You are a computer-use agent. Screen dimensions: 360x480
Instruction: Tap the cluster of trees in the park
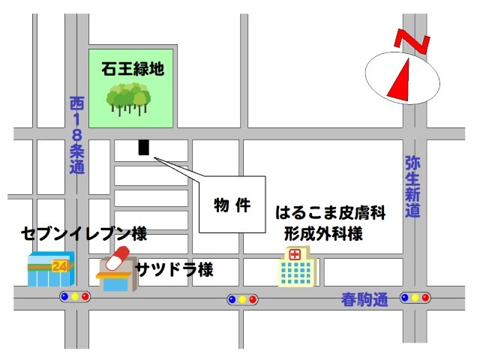coord(127,98)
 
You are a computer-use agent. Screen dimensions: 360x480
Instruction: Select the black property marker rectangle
coord(144,148)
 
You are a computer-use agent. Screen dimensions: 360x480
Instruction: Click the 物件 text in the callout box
coord(232,205)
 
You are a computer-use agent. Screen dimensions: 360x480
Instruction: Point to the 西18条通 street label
coord(76,135)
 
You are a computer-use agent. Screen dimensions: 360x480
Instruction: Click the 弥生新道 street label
coord(412,187)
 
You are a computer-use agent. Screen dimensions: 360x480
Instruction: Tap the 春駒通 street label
coord(362,300)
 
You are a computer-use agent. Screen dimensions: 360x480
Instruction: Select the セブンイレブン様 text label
coord(83,233)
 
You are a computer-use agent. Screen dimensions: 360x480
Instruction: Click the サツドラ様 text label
coord(174,269)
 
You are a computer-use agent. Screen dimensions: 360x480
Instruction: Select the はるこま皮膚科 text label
coord(330,212)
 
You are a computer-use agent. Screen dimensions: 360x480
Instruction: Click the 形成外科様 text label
coord(323,234)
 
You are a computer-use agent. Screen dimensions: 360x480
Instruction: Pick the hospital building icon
coord(298,266)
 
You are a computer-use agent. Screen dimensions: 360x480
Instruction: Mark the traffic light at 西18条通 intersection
coord(75,297)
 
